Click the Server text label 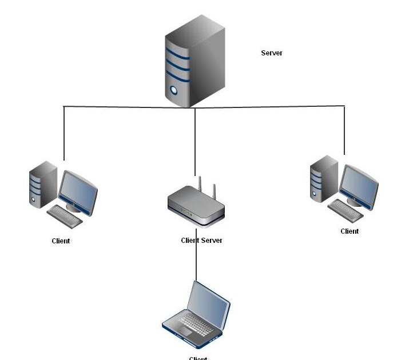click(x=272, y=53)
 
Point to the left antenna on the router click(x=200, y=185)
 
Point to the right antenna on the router click(x=215, y=191)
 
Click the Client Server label click(x=201, y=241)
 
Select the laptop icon click(x=196, y=315)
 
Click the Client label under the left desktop click(x=61, y=241)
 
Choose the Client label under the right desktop click(x=350, y=231)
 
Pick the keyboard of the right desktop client click(x=345, y=210)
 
